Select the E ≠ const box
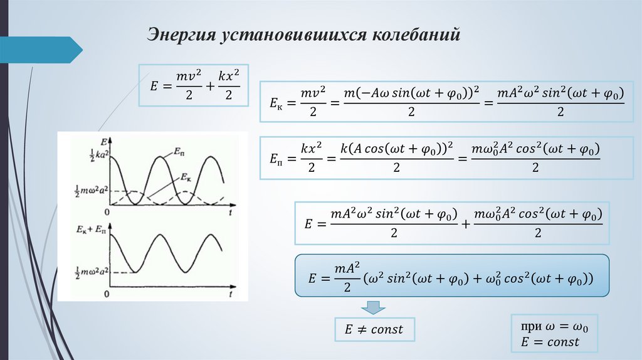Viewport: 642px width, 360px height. tap(374, 329)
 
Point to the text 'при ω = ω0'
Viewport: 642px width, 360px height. tap(554, 327)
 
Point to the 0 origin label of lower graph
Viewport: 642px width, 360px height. tap(107, 294)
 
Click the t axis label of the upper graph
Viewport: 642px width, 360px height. tap(231, 214)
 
